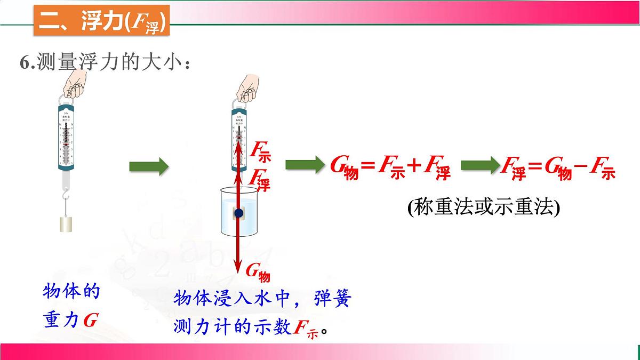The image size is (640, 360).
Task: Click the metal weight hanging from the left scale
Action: pos(66,224)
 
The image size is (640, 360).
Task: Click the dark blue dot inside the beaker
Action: pos(238,213)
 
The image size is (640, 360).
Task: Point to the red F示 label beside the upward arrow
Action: pos(261,150)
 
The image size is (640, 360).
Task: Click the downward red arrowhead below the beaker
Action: pos(238,265)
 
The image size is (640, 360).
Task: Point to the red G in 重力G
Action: pos(91,320)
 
